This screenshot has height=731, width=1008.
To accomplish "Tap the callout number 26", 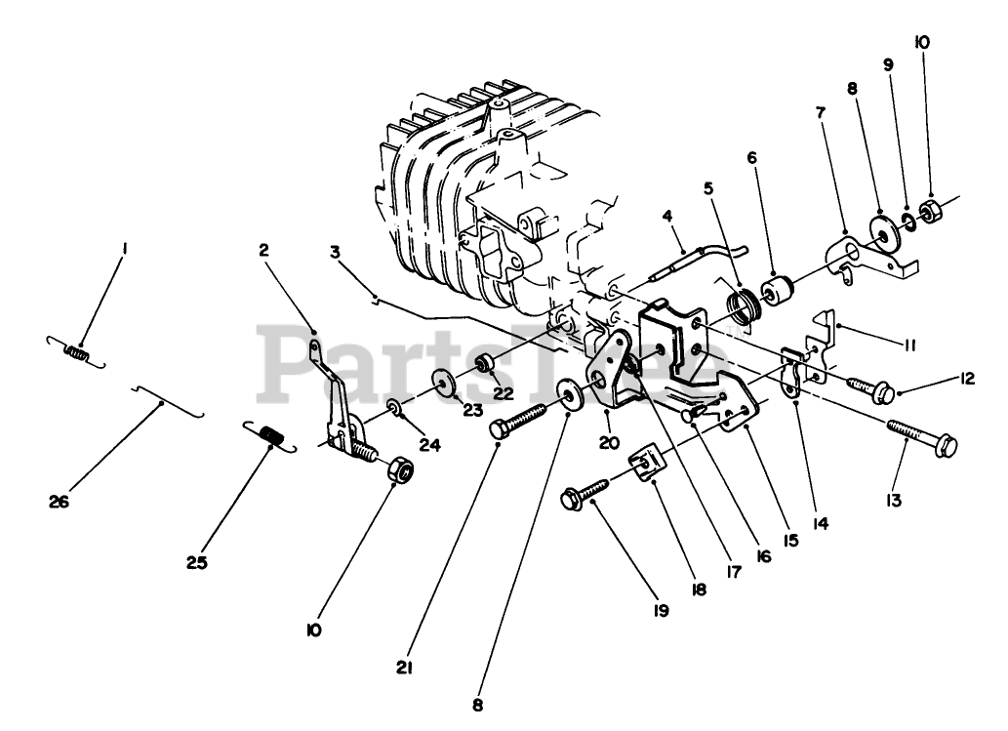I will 59,503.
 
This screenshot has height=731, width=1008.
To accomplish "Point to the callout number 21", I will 405,669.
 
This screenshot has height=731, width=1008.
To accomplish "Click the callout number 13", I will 894,501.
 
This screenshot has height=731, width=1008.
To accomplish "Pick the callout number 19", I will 661,611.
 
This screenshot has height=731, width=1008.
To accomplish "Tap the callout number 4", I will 668,215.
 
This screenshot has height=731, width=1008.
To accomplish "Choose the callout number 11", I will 908,344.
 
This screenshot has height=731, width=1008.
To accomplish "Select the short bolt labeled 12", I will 867,387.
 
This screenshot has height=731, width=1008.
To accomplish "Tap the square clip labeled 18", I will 646,461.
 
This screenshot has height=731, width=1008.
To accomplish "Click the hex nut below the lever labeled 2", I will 400,471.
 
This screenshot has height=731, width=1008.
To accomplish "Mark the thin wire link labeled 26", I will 169,400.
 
